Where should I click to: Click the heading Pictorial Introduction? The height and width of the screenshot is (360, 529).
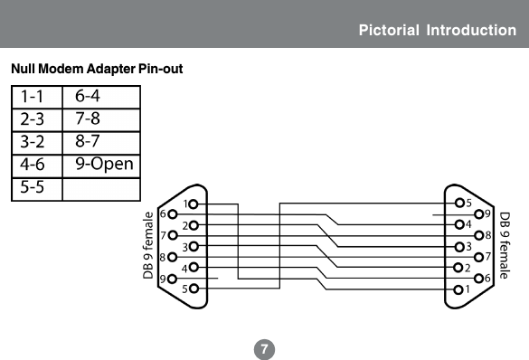(437, 30)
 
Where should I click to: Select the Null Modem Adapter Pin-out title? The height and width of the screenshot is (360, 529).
(97, 69)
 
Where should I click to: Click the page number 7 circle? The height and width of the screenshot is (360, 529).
(263, 348)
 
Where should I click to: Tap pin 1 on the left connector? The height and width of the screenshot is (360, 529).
(194, 204)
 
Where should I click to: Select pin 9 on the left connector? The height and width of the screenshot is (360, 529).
(174, 279)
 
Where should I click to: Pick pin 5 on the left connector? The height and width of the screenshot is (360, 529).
(194, 289)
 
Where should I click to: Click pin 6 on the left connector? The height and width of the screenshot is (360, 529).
(174, 214)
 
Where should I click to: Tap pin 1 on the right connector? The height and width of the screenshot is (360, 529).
(459, 289)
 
